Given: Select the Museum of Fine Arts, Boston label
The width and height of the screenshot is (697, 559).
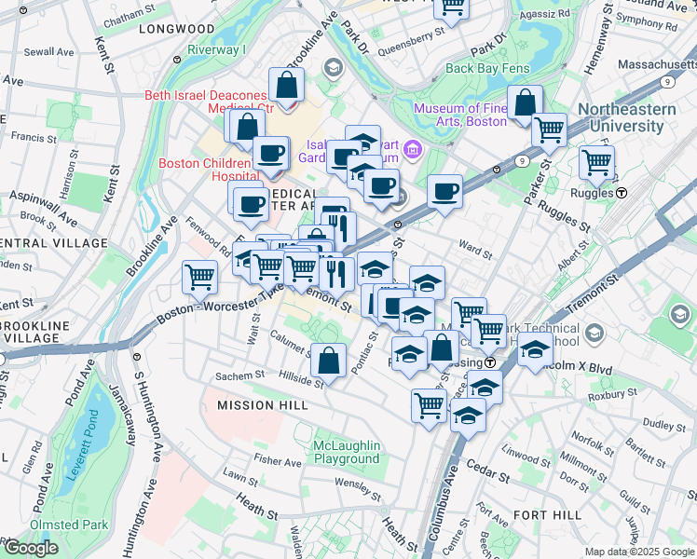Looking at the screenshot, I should point(460,115).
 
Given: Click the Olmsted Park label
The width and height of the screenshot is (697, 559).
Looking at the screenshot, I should point(43,525).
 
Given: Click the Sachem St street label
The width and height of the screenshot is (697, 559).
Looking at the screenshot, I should point(240,375).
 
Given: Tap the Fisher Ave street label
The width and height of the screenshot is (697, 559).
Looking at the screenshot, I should point(277,461).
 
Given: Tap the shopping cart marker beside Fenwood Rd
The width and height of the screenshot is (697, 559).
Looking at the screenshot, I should point(200,276).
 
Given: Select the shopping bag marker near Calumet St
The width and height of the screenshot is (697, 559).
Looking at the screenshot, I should point(328,359).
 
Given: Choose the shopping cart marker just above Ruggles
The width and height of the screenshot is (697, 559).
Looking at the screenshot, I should point(596,162).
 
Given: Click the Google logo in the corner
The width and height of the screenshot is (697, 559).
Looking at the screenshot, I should point(30,548).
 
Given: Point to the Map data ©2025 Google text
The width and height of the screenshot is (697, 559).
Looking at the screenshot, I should point(638,552).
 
